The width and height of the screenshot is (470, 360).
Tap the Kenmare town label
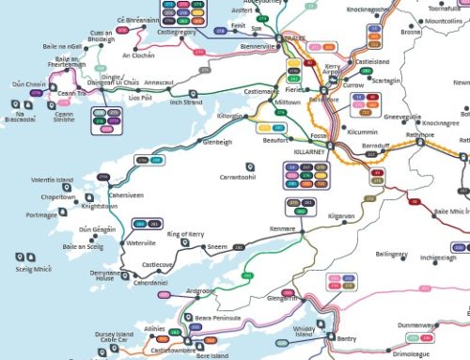pos(283,229)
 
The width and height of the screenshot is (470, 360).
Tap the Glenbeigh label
pos(216,143)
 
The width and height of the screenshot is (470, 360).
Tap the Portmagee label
pos(42,214)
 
